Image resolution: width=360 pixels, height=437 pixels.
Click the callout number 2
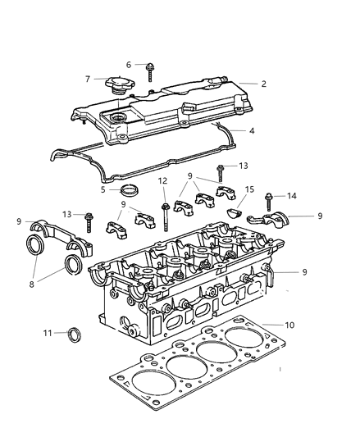point(264,84)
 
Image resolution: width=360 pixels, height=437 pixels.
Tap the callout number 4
point(251,130)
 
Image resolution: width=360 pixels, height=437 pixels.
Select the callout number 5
point(103,190)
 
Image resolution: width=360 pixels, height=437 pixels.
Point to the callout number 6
point(129,64)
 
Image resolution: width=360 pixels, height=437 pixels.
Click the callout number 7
point(88,79)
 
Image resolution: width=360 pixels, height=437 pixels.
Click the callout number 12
point(163,181)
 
